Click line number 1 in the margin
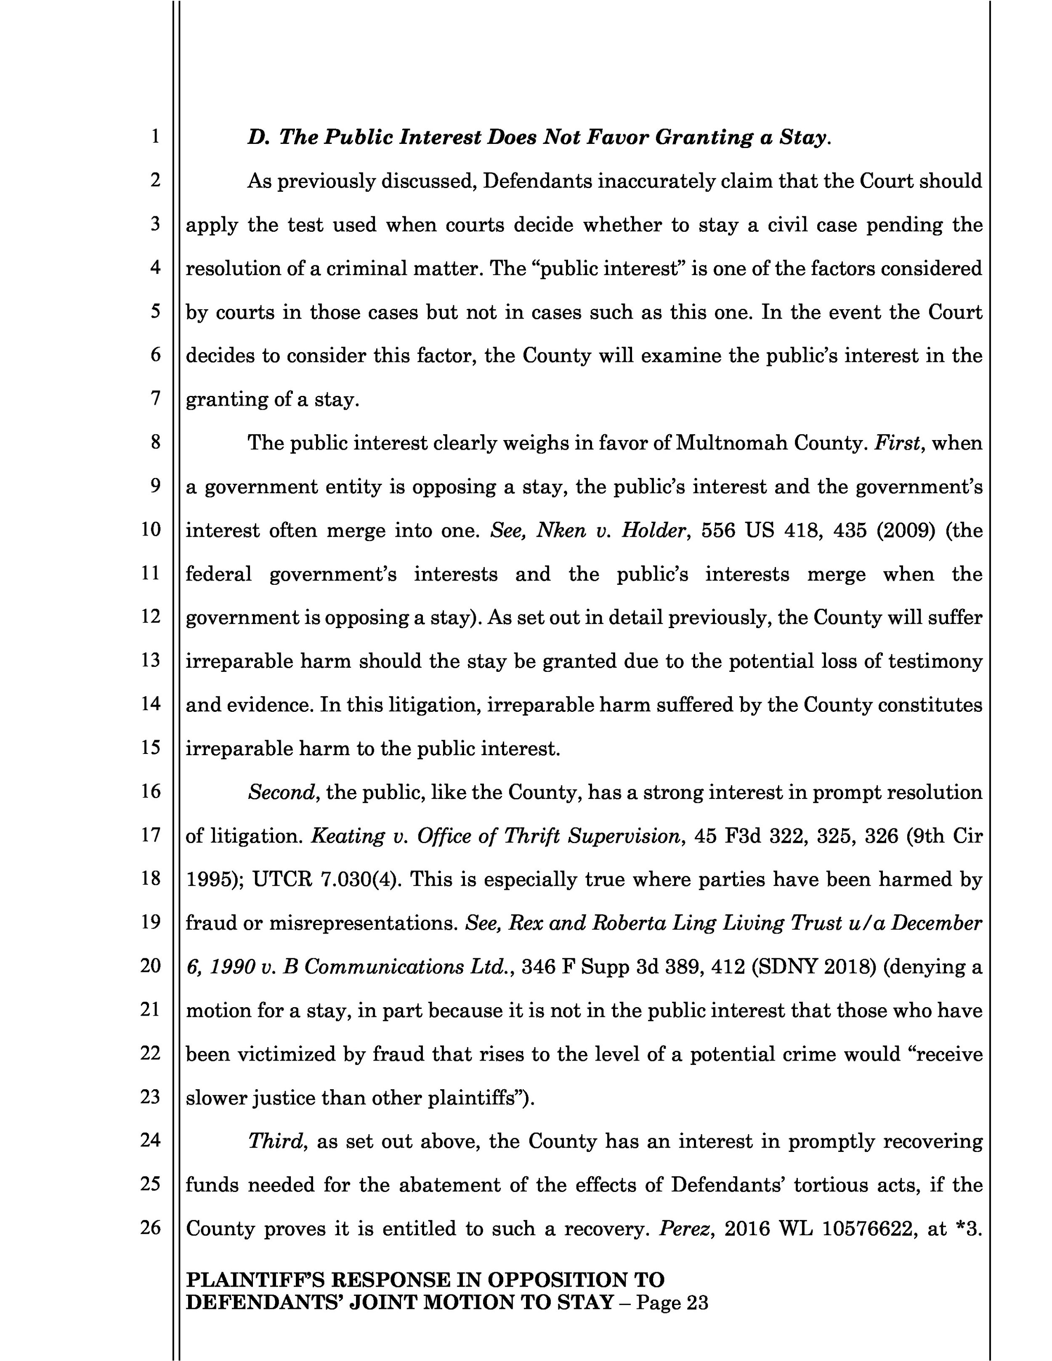pyautogui.click(x=154, y=136)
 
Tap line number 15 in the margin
pyautogui.click(x=151, y=747)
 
